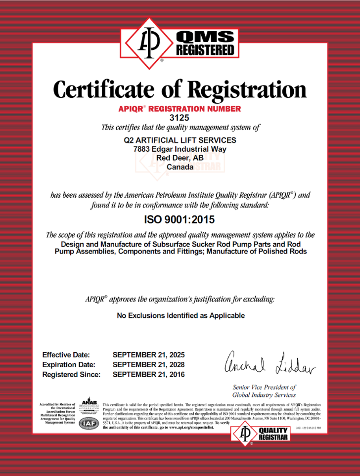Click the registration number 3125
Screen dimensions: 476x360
(x=180, y=118)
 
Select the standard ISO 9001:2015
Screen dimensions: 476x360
(x=180, y=218)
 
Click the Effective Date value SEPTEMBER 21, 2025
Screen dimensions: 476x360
(x=148, y=355)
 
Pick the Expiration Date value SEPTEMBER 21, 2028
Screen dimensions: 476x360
(x=148, y=365)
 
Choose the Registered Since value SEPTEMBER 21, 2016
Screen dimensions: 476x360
(x=148, y=375)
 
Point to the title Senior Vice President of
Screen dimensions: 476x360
(x=264, y=388)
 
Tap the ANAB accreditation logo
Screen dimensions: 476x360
(x=90, y=406)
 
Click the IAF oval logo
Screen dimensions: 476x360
(x=89, y=422)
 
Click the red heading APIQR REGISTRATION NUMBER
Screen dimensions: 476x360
(x=180, y=109)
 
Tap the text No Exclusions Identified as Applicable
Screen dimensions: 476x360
(x=180, y=315)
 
